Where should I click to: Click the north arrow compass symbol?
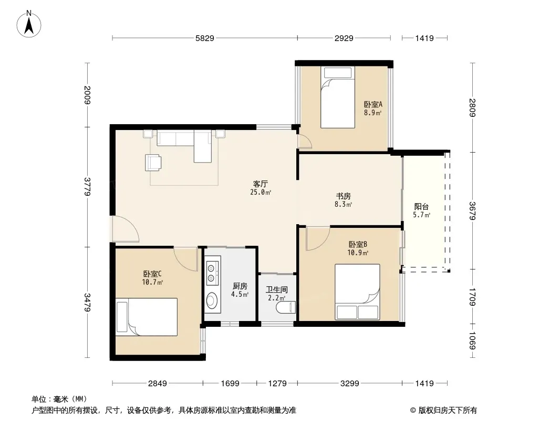pos(29,24)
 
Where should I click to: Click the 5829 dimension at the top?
pos(205,38)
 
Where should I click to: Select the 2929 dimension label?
pos(344,38)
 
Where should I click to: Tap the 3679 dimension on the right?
pos(472,211)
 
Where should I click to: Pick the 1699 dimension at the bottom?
pos(230,384)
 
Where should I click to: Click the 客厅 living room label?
pos(261,184)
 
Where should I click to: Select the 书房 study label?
pos(343,196)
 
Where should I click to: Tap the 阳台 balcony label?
pos(421,206)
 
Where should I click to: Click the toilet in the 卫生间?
pos(286,307)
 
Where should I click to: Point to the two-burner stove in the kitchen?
pos(212,273)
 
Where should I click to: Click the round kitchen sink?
pos(211,300)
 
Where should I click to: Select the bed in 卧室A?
pos(337,97)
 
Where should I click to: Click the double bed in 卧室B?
pos(357,292)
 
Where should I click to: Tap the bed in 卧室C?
pos(147,317)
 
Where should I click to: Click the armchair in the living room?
pos(153,163)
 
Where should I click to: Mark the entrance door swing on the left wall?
pos(125,229)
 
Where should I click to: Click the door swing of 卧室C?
pos(186,258)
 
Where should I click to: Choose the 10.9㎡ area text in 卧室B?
pos(358,253)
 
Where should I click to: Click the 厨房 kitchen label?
pos(240,286)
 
